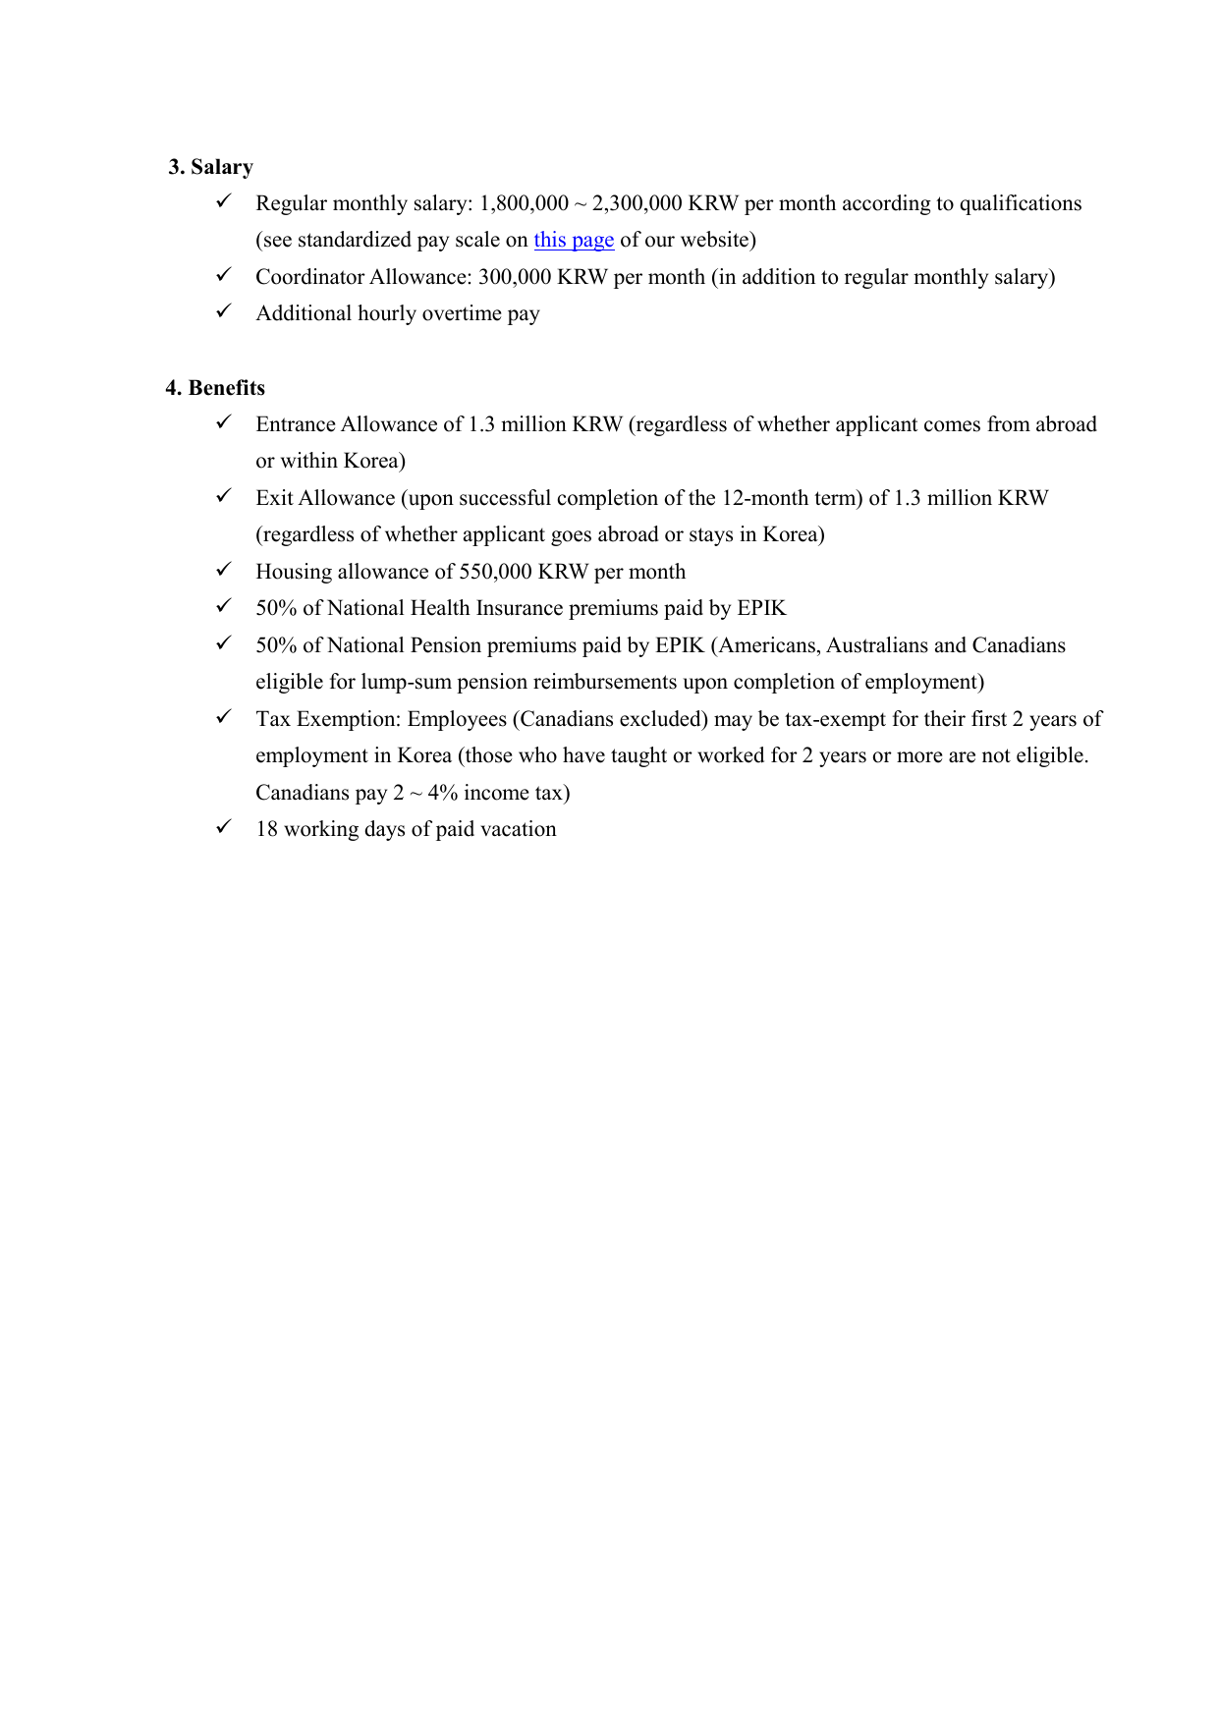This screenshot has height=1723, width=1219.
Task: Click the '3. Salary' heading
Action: [210, 167]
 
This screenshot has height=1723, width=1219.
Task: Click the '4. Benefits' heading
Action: [215, 388]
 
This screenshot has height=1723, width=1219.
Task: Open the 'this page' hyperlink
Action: [574, 240]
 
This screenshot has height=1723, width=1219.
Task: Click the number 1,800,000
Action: [524, 203]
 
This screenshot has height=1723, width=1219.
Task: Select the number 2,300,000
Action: [637, 203]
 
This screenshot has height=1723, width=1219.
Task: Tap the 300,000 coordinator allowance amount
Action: [515, 277]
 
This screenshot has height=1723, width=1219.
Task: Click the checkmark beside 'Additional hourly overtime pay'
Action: [223, 311]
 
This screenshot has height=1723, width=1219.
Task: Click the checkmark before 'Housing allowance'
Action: [223, 570]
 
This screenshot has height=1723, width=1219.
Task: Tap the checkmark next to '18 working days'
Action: [223, 827]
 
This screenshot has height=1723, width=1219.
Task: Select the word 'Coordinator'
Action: [309, 277]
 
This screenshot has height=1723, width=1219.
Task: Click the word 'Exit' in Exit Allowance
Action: [274, 498]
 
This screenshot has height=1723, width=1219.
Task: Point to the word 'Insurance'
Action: [519, 608]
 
